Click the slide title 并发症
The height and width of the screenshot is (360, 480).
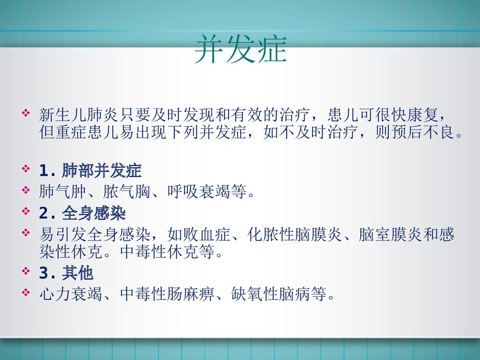pyautogui.click(x=240, y=49)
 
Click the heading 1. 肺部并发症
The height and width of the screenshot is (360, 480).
pyautogui.click(x=90, y=171)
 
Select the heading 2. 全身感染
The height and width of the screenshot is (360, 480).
pyautogui.click(x=82, y=212)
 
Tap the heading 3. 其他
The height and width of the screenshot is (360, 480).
pyautogui.click(x=66, y=274)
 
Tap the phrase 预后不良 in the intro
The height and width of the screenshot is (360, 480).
pyautogui.click(x=422, y=132)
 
